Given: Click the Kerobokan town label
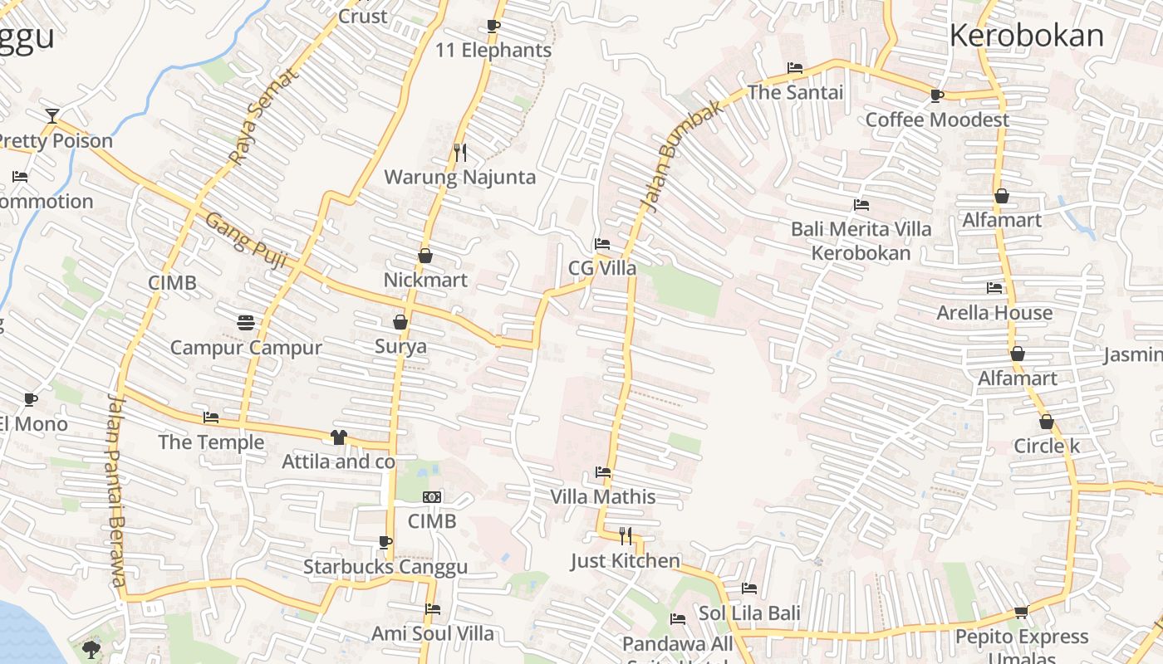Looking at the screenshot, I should (x=1026, y=36).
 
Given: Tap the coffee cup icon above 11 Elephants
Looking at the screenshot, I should (x=493, y=26).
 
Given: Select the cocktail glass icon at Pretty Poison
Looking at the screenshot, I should (x=52, y=115).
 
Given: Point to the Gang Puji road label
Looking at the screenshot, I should (x=245, y=241).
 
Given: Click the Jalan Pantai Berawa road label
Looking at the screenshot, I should (x=116, y=490).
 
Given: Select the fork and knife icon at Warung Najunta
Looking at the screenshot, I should (x=460, y=153).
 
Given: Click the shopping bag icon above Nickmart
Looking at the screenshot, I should (x=425, y=256).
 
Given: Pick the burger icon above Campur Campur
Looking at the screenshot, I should (x=245, y=322).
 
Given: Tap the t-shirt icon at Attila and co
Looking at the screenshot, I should (x=338, y=437).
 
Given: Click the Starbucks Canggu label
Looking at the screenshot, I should (x=385, y=567).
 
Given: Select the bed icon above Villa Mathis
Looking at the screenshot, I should (x=603, y=472).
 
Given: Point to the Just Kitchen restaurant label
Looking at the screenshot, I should (x=625, y=561).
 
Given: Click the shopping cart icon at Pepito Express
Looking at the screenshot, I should (x=1021, y=613).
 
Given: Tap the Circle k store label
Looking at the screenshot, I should (x=1046, y=446).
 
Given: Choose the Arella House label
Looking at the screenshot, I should (x=994, y=313).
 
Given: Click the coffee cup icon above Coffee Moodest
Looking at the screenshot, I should (x=937, y=95).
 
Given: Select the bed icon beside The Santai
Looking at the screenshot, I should (x=795, y=68).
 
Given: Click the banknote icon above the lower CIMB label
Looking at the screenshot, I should (x=432, y=497).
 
